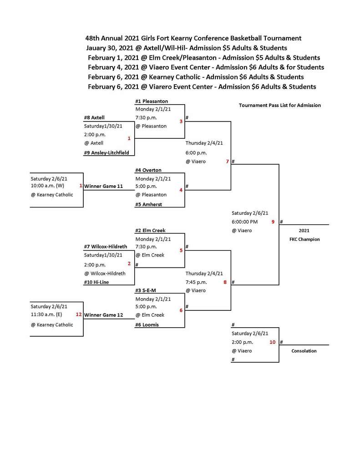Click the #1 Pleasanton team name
coord(152,101)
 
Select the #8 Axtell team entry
coord(94,117)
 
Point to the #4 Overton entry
coord(148,170)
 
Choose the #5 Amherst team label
coord(148,204)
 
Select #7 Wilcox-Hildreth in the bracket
coord(106,247)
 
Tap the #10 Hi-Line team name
coord(96,282)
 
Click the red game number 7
coord(227,162)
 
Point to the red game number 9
coord(273,222)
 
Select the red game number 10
coord(272,342)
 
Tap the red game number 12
coord(79,314)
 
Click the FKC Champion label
coord(304,239)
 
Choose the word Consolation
coord(304,351)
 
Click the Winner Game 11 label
coord(103,186)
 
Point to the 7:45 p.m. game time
coord(196,282)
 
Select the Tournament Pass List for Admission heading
coord(280,105)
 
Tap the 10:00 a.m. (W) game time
coord(48,186)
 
